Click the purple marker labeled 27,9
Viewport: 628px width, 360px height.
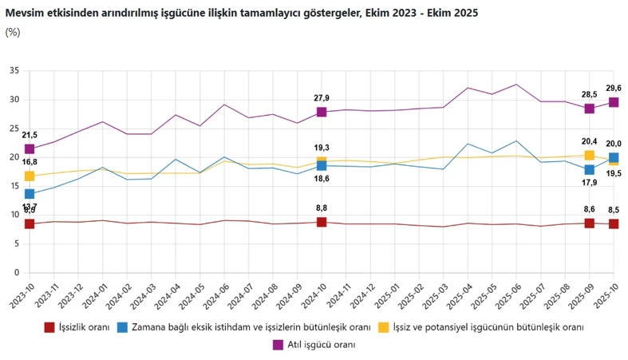coord(322,112)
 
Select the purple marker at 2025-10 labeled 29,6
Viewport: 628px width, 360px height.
coord(614,102)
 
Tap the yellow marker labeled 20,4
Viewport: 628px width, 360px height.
coord(590,156)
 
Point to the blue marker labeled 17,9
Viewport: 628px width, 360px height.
coord(590,169)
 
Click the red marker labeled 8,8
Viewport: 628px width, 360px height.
coord(322,222)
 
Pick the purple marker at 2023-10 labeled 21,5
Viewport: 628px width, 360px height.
coord(30,148)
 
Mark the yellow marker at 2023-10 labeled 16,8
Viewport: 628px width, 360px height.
coord(30,176)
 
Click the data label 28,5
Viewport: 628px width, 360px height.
coord(589,94)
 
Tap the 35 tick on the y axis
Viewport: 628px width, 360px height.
coord(14,71)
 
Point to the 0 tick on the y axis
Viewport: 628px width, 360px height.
coord(17,271)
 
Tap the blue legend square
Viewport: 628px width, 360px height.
coord(122,327)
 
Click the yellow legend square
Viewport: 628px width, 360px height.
coord(383,327)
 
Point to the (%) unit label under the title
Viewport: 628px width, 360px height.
coord(12,32)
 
